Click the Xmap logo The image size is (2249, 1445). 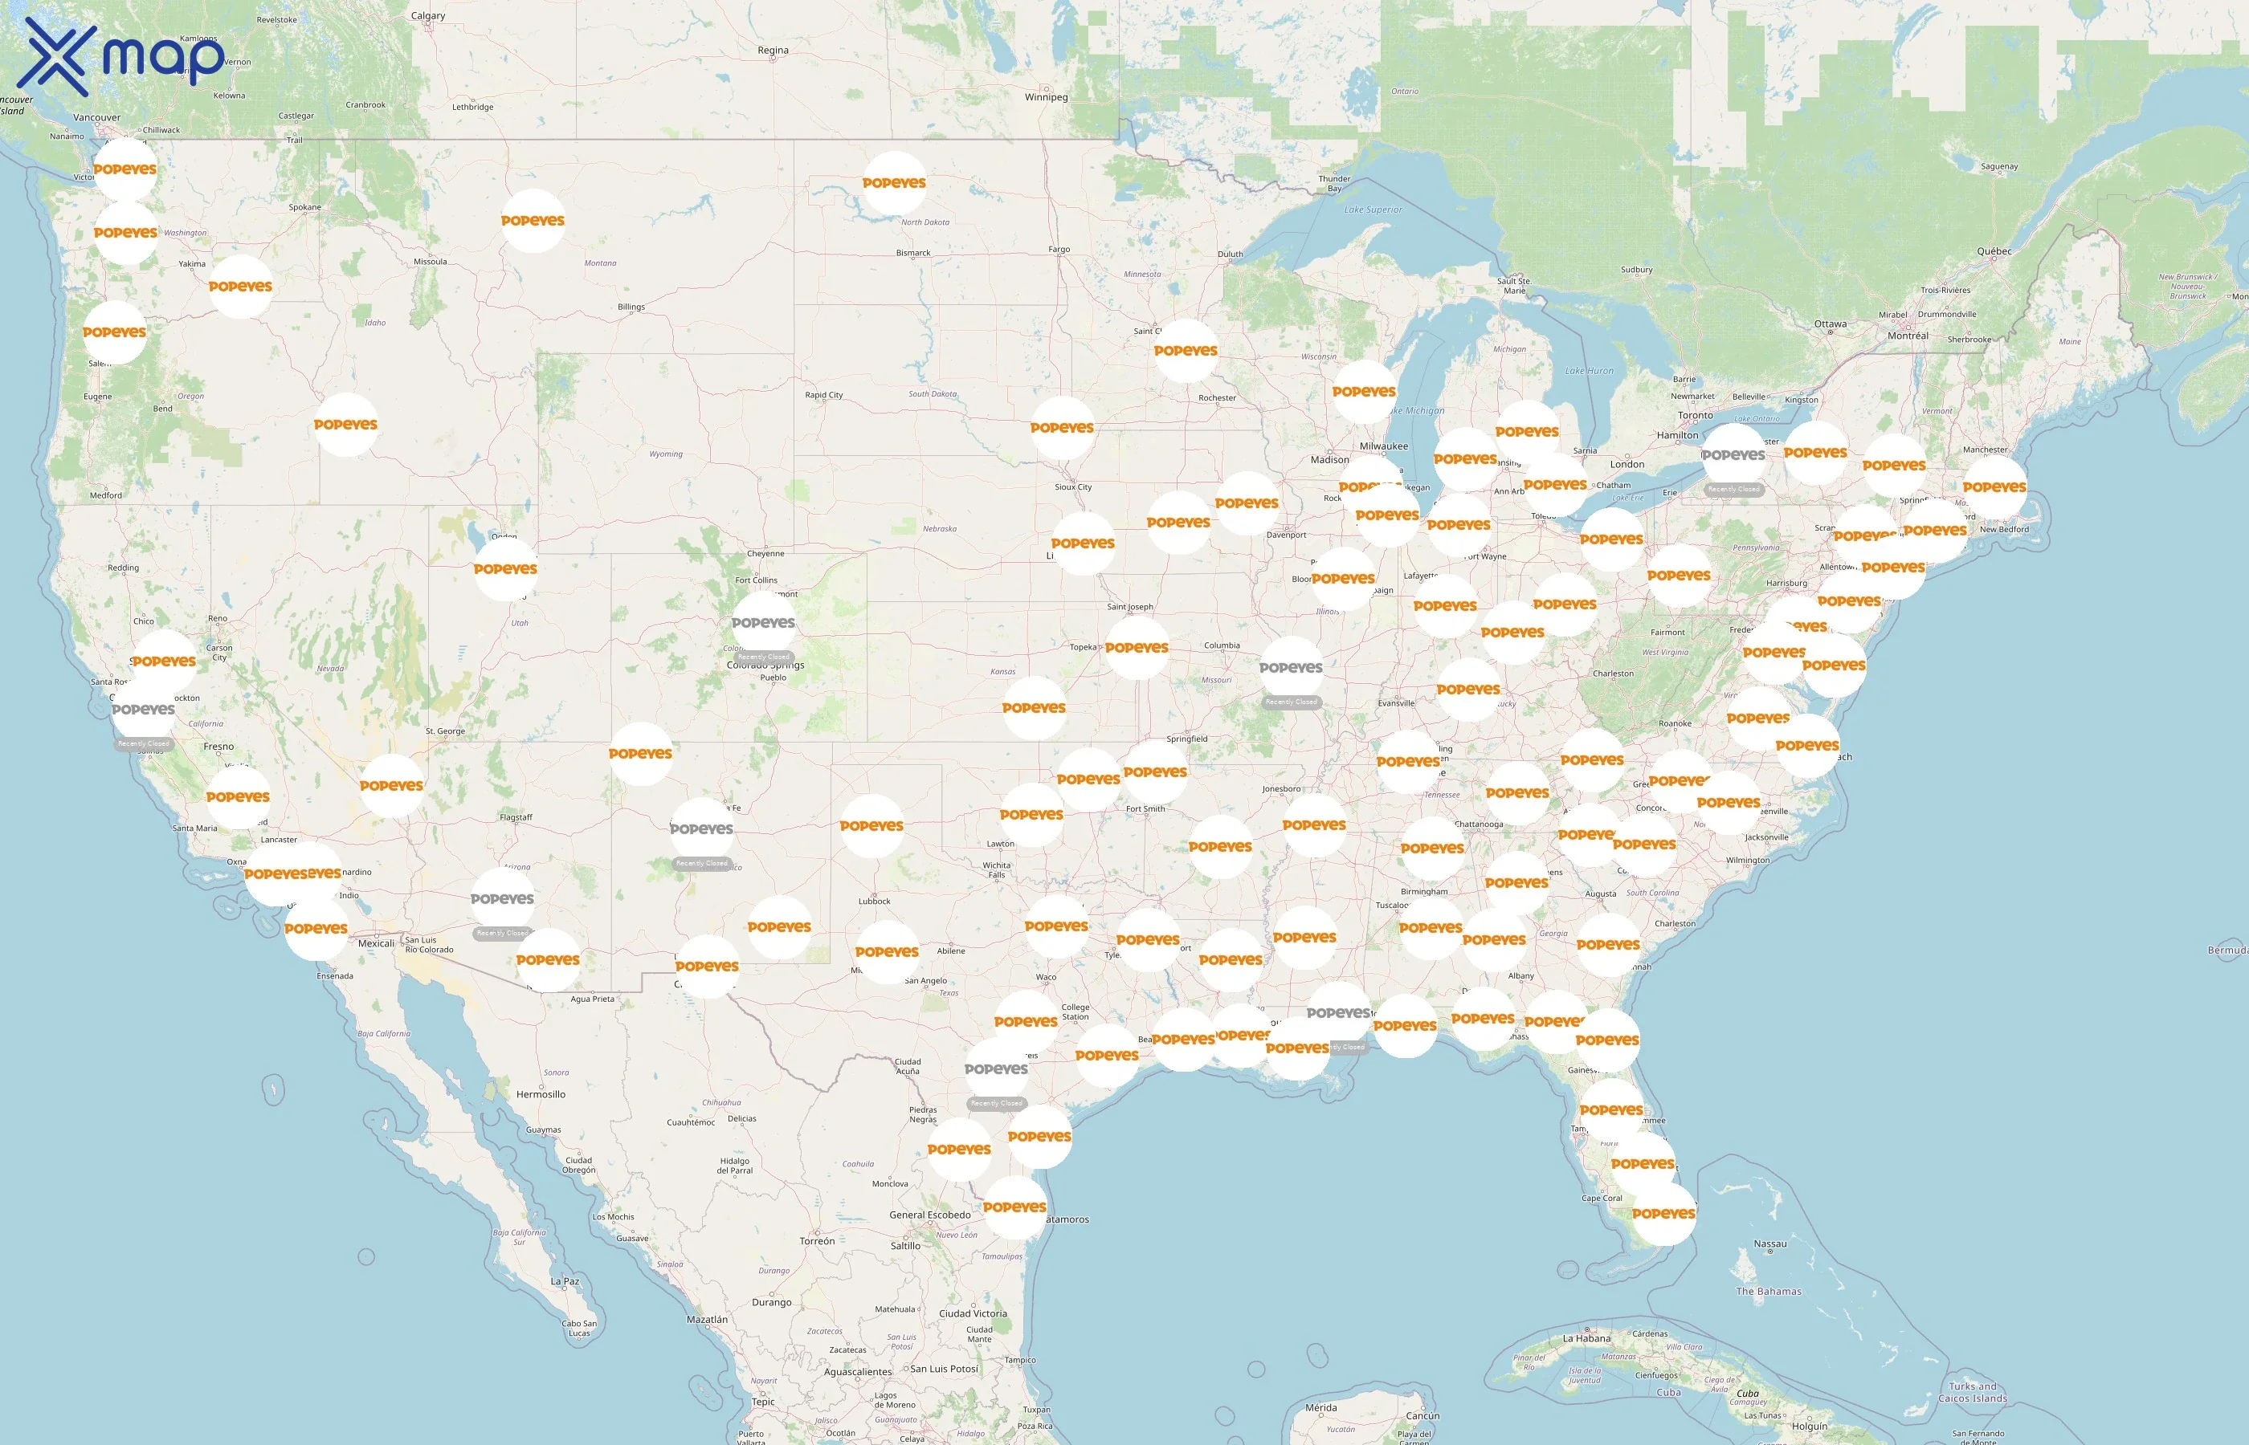click(120, 56)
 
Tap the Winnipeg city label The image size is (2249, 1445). click(1046, 96)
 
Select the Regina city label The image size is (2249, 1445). click(773, 50)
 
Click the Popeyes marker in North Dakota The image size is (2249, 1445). click(894, 183)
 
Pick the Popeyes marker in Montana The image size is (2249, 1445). click(533, 221)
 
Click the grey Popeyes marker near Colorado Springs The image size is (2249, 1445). click(763, 623)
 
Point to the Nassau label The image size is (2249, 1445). click(1769, 1244)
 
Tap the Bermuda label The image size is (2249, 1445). click(2226, 950)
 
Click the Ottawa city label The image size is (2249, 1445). click(1830, 324)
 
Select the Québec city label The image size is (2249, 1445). click(1994, 250)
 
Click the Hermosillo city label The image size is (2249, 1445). click(541, 1094)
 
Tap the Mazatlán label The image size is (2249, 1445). click(707, 1318)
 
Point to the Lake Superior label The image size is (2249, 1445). click(1373, 210)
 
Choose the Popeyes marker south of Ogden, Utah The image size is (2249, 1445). click(505, 568)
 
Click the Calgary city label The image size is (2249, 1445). click(428, 15)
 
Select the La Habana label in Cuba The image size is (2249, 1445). click(1586, 1338)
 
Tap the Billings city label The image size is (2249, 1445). click(631, 307)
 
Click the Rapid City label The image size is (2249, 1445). click(823, 395)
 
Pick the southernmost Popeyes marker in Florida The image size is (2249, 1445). click(1663, 1213)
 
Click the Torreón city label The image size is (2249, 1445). click(817, 1240)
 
